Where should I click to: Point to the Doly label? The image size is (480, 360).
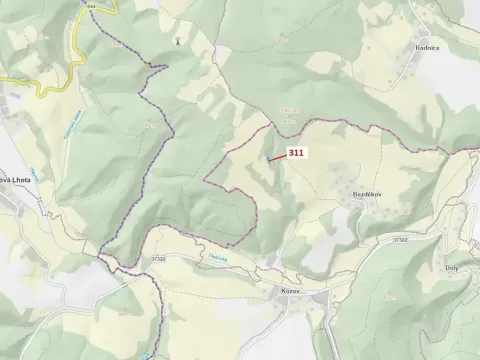click(451, 268)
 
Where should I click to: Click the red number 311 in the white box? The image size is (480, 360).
click(295, 153)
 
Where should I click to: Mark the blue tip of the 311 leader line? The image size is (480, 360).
click(268, 159)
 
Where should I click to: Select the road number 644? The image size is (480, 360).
click(92, 5)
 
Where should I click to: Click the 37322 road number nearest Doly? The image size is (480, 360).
click(400, 240)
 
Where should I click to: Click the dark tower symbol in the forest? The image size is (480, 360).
click(179, 41)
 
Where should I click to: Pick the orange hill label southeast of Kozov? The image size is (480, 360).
click(389, 298)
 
